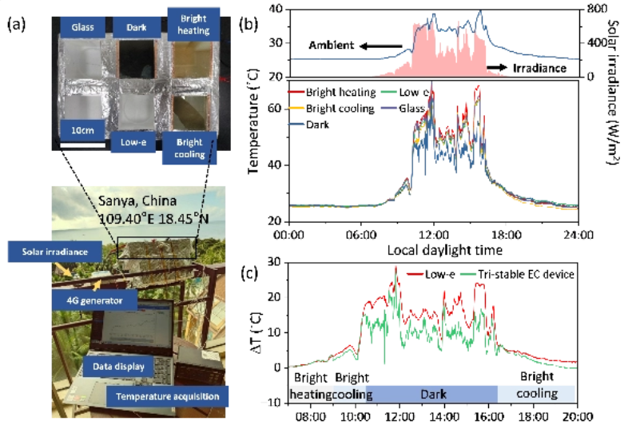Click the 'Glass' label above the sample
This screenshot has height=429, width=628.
(83, 27)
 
